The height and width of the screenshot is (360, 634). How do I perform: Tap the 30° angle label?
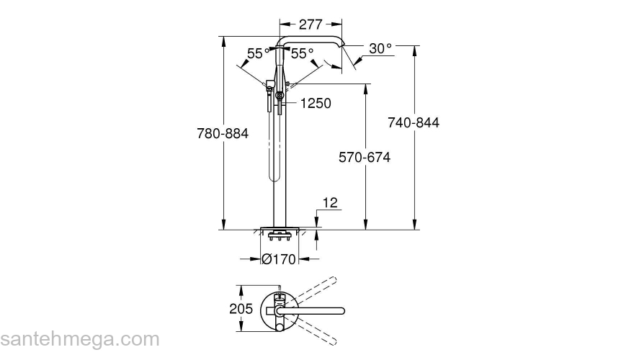[380, 48]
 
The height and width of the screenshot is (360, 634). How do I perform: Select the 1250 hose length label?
[316, 104]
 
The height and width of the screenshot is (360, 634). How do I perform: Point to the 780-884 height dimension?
[222, 133]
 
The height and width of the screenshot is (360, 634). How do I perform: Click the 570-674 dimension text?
[365, 157]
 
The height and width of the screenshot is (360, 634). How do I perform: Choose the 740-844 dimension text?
[414, 122]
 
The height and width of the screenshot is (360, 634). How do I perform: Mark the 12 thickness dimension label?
[330, 204]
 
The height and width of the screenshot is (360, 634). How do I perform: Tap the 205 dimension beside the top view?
[241, 309]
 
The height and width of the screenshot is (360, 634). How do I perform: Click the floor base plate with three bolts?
[279, 234]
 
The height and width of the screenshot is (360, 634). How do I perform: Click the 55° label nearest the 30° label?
[303, 53]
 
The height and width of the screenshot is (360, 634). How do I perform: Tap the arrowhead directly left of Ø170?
[256, 259]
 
